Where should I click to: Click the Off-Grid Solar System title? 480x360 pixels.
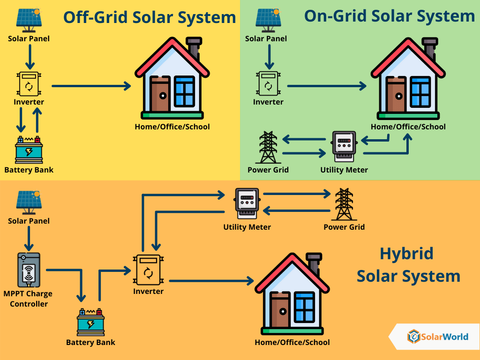pos(150,17)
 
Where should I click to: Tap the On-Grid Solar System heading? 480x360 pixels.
pos(390,16)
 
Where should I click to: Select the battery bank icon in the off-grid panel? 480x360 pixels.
pos(29,150)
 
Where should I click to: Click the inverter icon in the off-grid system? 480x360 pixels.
pos(29,84)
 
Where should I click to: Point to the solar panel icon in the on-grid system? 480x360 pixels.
pos(269,20)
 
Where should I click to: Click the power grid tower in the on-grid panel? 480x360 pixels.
pos(269,147)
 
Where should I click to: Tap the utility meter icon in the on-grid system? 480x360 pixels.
pos(344,146)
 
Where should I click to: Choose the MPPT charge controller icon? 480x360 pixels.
pos(29,270)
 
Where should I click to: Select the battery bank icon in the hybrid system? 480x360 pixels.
pos(90,322)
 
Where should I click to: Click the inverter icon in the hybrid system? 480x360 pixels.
pos(148,270)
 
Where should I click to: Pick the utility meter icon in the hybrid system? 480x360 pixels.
pos(247,203)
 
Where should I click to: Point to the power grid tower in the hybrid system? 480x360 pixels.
pos(344,204)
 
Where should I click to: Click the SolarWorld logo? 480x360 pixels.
pos(438,337)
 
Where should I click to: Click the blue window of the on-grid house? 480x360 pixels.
pos(420,91)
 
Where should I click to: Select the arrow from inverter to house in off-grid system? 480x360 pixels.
pos(91,86)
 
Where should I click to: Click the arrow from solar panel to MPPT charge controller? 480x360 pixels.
pos(29,239)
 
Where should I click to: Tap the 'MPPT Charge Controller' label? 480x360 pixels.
pos(28,299)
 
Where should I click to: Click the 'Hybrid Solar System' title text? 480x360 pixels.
pos(408,265)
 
